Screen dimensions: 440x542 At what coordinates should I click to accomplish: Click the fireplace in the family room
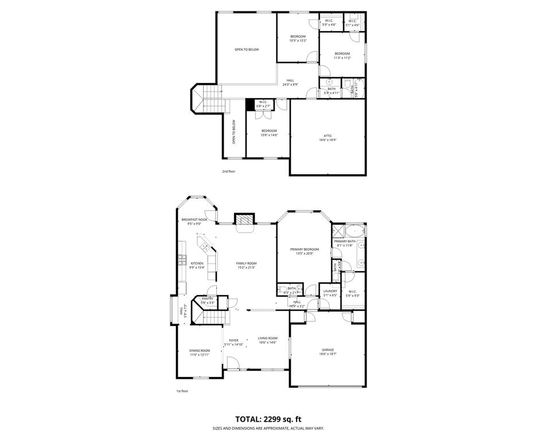243,221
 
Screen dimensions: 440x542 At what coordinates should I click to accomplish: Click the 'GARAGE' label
327,349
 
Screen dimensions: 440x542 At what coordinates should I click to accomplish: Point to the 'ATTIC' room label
327,136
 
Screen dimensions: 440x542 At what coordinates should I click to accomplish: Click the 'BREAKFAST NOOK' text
194,219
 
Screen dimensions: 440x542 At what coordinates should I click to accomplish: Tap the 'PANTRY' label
207,298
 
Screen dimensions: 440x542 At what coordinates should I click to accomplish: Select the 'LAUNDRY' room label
330,291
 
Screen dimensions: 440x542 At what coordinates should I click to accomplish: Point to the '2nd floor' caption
228,171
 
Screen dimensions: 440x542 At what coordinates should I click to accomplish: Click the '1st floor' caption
182,391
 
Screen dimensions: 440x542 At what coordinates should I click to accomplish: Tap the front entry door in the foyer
233,363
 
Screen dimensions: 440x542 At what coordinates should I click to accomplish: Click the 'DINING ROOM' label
200,351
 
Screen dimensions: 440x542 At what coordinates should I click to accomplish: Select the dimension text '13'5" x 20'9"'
304,254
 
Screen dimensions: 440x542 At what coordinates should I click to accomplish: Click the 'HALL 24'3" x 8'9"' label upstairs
290,82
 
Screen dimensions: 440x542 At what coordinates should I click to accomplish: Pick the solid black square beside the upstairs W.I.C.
250,104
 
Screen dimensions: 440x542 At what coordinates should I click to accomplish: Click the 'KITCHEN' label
197,263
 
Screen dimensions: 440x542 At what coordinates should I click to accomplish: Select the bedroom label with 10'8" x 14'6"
269,131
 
